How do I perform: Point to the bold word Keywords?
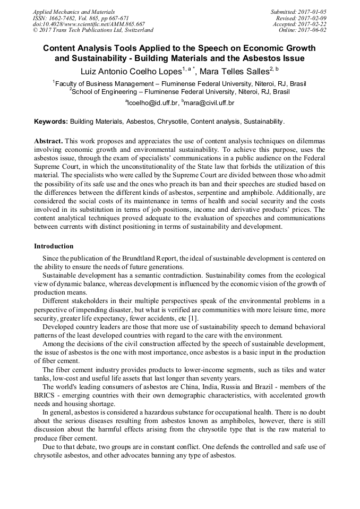pos(51,122)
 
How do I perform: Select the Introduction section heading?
pos(54,246)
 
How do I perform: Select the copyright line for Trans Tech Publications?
pos(93,30)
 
